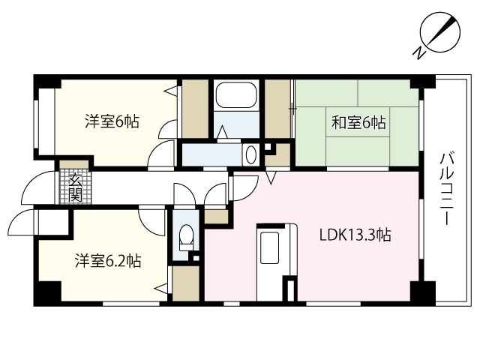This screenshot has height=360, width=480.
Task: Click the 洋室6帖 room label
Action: click(110, 121)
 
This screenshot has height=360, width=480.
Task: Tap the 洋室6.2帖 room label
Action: click(107, 261)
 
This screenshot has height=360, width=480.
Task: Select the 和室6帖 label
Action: click(358, 122)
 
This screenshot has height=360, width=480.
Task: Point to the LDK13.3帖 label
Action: click(355, 235)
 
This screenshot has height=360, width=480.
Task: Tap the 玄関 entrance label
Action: click(75, 187)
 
